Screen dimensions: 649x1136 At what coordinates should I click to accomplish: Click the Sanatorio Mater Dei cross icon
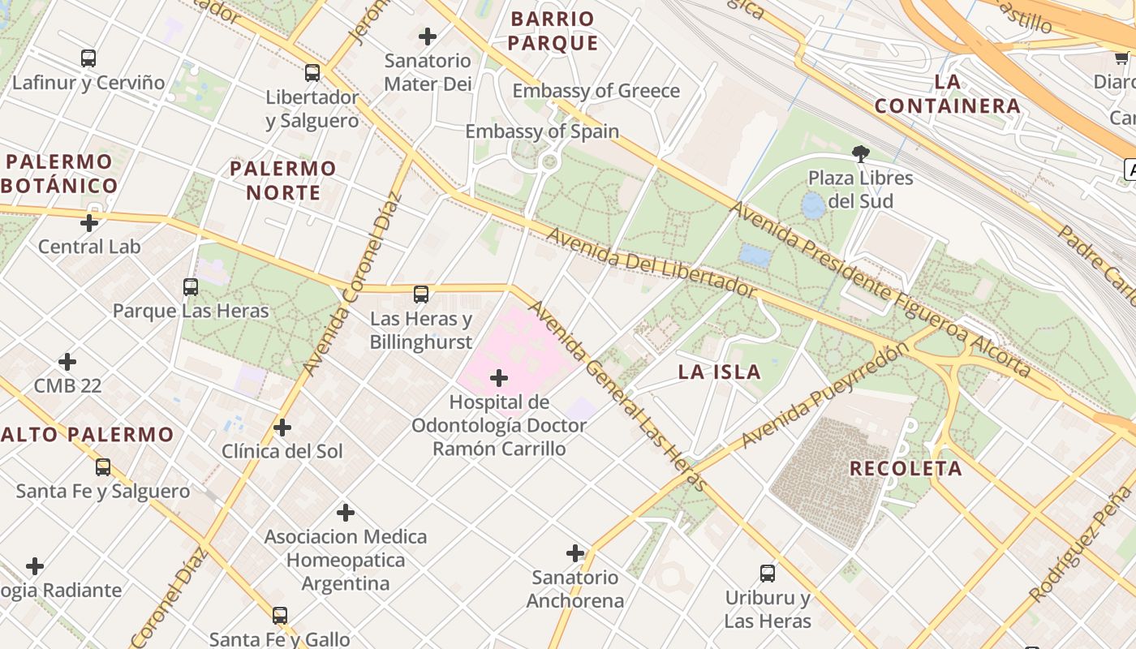pos(428,37)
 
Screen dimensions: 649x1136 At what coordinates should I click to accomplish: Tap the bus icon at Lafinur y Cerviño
pos(88,58)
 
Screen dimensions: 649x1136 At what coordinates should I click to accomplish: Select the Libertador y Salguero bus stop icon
pos(312,73)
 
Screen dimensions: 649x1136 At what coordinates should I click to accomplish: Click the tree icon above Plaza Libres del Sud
pos(860,153)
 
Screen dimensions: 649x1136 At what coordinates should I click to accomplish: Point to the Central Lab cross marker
pos(89,223)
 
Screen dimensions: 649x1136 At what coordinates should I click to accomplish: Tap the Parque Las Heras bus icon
pos(191,286)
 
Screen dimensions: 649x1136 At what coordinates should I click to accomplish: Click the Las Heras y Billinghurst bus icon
pos(421,294)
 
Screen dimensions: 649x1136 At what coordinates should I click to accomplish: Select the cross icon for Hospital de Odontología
pos(499,378)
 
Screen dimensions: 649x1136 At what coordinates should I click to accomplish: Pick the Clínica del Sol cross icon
pos(282,428)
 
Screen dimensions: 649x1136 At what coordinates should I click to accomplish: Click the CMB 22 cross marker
pos(67,362)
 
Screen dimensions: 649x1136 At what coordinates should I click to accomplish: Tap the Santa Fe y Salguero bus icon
pos(103,467)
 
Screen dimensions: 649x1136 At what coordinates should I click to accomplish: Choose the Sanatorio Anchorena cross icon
pos(575,554)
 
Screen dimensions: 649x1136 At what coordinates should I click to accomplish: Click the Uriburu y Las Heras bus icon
pos(768,574)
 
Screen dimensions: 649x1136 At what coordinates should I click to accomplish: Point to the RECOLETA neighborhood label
pos(906,468)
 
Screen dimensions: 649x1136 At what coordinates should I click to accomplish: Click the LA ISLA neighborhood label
pos(720,372)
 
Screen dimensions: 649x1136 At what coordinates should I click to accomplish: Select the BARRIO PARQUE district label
pos(554,31)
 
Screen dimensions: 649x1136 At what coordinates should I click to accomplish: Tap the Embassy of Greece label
pos(596,91)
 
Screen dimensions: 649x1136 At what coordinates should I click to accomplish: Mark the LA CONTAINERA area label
pos(948,94)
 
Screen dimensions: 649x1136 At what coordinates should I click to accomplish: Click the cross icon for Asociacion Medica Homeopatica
pos(346,513)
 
